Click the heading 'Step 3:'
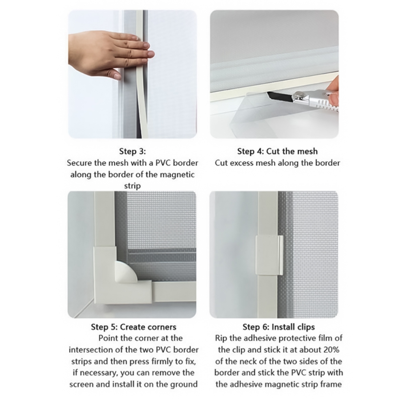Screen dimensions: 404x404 pos(133,151)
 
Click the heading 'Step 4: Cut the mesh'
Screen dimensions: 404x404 pos(277,151)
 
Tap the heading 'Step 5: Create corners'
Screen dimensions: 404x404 pos(133,327)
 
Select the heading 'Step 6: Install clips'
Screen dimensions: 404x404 pos(279,327)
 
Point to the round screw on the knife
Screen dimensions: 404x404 pos(299,95)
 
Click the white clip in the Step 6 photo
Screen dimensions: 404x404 pos(269,256)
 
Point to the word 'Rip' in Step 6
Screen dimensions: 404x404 pos(221,338)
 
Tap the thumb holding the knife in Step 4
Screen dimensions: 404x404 pos(334,99)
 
